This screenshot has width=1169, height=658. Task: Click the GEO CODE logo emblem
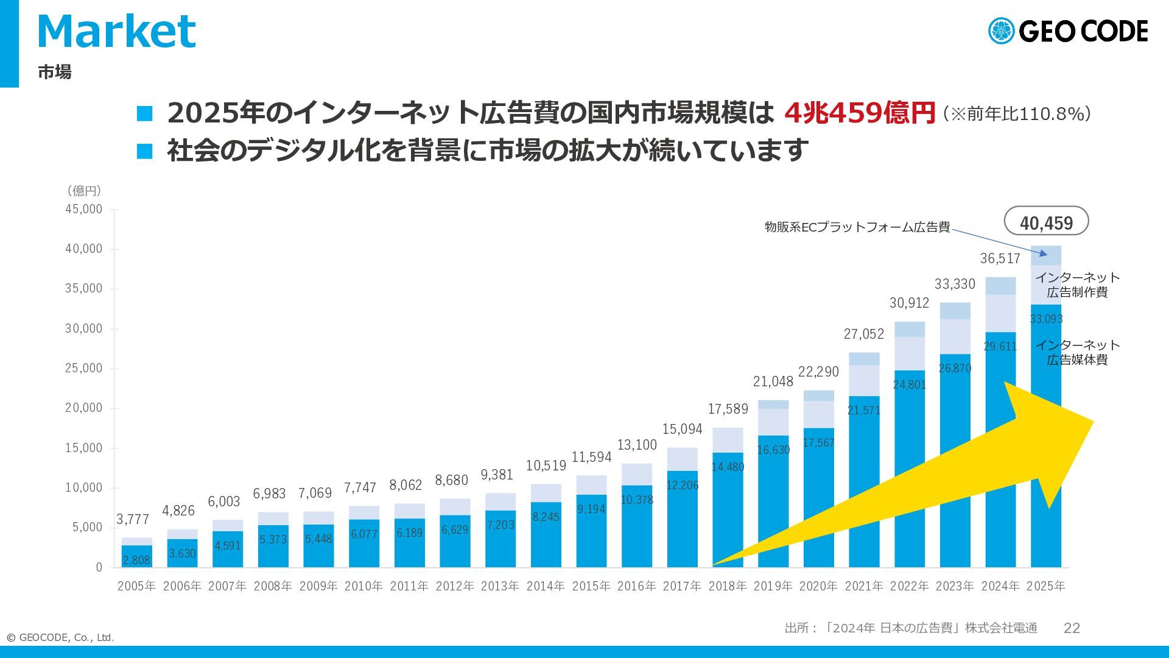click(x=1001, y=31)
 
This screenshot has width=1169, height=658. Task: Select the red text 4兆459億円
click(x=859, y=113)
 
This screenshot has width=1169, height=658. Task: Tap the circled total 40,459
click(x=1046, y=223)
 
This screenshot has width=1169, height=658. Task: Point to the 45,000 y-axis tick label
click(x=84, y=209)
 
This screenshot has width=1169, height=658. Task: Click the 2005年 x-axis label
click(x=136, y=586)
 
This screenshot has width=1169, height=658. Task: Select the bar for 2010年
click(x=363, y=536)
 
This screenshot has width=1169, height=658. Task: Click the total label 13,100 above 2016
click(x=637, y=445)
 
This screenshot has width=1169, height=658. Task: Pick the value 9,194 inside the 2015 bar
click(x=591, y=509)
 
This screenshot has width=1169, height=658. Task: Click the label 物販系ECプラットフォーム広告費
click(x=857, y=227)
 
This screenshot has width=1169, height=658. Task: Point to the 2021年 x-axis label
click(x=863, y=586)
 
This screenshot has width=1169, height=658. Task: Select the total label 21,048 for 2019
click(x=773, y=381)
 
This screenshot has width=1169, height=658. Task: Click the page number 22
click(x=1072, y=628)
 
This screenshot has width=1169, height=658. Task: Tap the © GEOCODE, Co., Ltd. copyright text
click(x=60, y=637)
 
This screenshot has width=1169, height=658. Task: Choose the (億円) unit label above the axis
click(x=83, y=191)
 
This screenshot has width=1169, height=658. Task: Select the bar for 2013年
click(x=500, y=530)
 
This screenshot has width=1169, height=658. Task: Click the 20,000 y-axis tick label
click(x=84, y=408)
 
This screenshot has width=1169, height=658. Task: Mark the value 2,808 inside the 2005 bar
click(x=136, y=560)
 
